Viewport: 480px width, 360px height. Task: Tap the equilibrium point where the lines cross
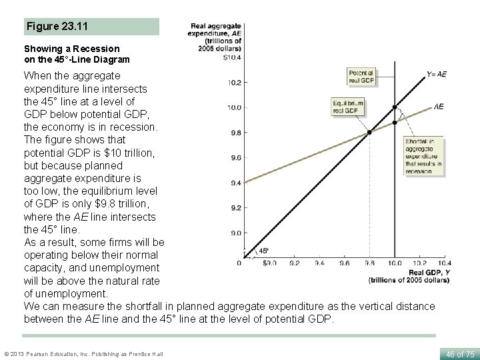[x=369, y=132]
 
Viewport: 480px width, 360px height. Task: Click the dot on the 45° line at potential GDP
[x=395, y=107]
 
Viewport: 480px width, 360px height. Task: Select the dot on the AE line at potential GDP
[x=395, y=123]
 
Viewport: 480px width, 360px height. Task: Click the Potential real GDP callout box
[x=361, y=76]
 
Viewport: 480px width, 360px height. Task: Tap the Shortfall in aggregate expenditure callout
[x=423, y=156]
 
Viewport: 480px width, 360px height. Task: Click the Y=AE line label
[x=437, y=74]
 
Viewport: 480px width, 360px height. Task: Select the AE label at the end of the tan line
[x=439, y=107]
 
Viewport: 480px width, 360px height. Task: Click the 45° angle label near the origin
[x=263, y=251]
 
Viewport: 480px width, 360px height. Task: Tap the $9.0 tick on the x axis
[x=269, y=263]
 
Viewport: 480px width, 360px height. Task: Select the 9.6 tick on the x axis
[x=344, y=263]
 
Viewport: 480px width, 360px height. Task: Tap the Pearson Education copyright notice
[x=83, y=352]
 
